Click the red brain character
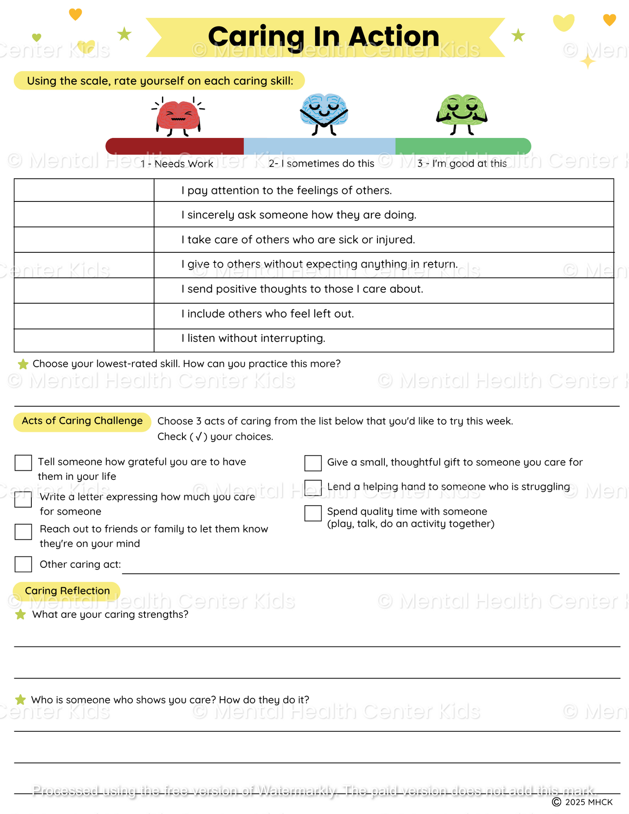(178, 116)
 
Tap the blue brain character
(324, 112)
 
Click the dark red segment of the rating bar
(175, 146)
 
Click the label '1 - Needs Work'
(177, 164)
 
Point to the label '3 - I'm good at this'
(462, 164)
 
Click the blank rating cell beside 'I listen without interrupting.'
(84, 340)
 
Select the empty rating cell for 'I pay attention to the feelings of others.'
(84, 190)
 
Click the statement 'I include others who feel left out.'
(268, 314)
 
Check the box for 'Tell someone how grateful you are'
(24, 463)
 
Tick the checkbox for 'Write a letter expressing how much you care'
(24, 499)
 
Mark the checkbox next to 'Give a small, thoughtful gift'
(313, 463)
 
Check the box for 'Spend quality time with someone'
(313, 513)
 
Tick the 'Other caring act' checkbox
(24, 564)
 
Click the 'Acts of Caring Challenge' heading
(82, 421)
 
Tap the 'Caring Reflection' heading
(67, 591)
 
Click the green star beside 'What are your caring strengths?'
(20, 615)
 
